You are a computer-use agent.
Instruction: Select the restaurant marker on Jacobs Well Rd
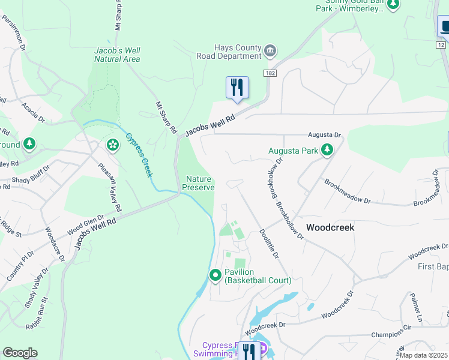pos(237,88)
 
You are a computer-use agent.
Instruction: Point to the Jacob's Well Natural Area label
pos(117,55)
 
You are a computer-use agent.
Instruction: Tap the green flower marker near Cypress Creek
pos(112,145)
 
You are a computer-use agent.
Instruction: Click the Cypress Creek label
pos(138,154)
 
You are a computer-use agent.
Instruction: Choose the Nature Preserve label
pos(198,183)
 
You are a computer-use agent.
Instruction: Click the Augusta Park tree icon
pos(327,149)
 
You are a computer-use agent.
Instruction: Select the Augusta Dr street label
pos(324,136)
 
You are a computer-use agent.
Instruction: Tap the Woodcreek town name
pos(330,228)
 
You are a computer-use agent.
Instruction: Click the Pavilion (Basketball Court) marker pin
pos(215,275)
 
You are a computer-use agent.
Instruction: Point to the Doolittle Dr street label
pos(268,246)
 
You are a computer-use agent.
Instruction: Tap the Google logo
pos(20,353)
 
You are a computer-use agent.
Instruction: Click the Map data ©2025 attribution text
pos(423,355)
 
